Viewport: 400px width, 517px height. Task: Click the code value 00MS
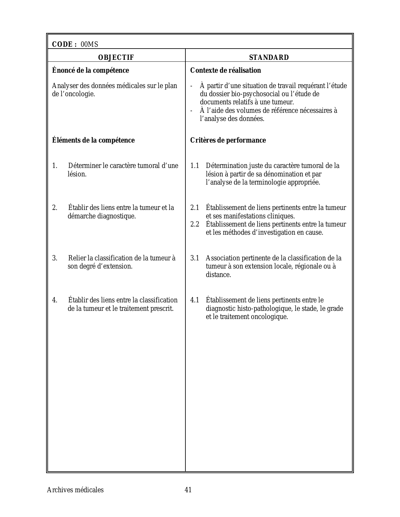[x=89, y=44]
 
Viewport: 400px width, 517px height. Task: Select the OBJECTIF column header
[x=116, y=58]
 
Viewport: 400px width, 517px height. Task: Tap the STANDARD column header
[x=269, y=58]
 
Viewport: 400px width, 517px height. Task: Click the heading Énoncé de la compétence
[x=90, y=70]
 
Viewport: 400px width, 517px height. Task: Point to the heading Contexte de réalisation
[x=226, y=70]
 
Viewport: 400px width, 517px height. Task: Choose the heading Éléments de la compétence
[x=93, y=140]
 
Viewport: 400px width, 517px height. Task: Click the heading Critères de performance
[x=228, y=140]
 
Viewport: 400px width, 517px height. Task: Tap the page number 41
[x=188, y=490]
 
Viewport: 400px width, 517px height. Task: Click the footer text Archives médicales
[x=75, y=490]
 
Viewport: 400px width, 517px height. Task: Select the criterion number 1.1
[x=195, y=166]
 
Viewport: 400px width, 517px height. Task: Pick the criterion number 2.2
[x=195, y=224]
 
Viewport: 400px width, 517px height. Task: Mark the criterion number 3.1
[x=195, y=258]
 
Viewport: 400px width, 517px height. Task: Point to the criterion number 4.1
[x=195, y=300]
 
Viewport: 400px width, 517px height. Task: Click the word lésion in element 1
[x=77, y=174]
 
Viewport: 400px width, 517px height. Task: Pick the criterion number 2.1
[x=195, y=208]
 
